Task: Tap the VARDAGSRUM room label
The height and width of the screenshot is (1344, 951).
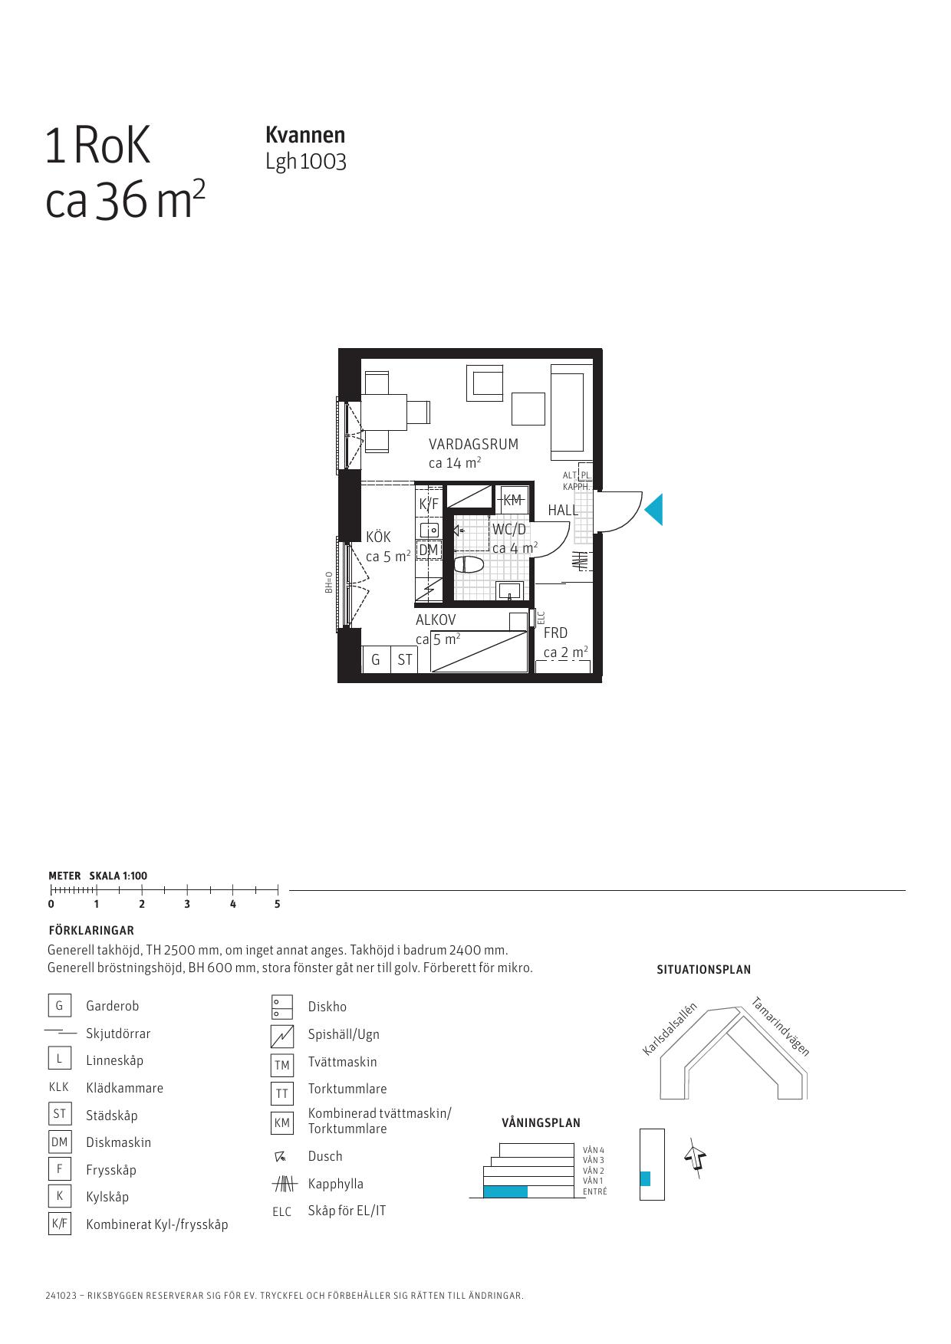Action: click(x=473, y=444)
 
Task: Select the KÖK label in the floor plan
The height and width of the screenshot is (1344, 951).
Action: click(x=378, y=537)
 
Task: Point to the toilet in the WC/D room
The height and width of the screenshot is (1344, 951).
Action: click(x=469, y=565)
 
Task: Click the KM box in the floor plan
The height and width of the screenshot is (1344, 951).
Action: click(x=512, y=500)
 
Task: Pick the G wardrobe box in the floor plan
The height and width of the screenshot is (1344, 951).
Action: click(x=376, y=659)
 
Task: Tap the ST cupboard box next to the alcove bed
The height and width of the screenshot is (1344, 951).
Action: click(x=404, y=659)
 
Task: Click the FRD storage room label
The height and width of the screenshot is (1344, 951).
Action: click(x=555, y=633)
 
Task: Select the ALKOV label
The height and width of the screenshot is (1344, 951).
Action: click(x=436, y=619)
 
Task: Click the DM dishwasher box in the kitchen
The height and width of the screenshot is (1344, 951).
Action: click(x=429, y=550)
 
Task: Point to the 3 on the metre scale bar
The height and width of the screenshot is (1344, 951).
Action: click(x=187, y=904)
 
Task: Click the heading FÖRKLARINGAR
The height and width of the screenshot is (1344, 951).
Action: click(x=91, y=931)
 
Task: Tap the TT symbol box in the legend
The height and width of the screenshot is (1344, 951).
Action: click(x=282, y=1093)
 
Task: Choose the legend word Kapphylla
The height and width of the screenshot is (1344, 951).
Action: click(x=335, y=1184)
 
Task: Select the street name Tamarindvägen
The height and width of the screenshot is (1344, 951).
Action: click(x=780, y=1026)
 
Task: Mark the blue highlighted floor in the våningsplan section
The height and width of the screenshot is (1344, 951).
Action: click(x=505, y=1191)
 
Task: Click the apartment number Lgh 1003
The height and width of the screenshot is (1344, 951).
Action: click(x=306, y=162)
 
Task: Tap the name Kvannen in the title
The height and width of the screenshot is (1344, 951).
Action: click(x=305, y=135)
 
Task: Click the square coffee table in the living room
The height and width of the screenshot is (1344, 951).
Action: click(x=528, y=409)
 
